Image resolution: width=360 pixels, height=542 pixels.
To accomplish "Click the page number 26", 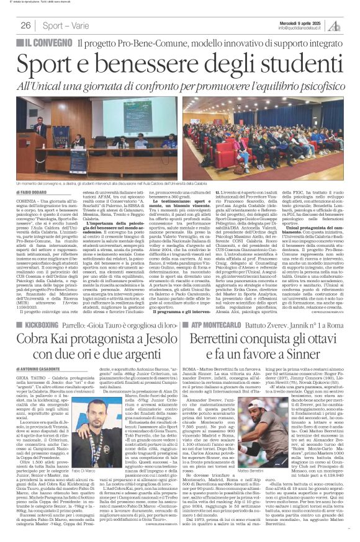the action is pos(26,25).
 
